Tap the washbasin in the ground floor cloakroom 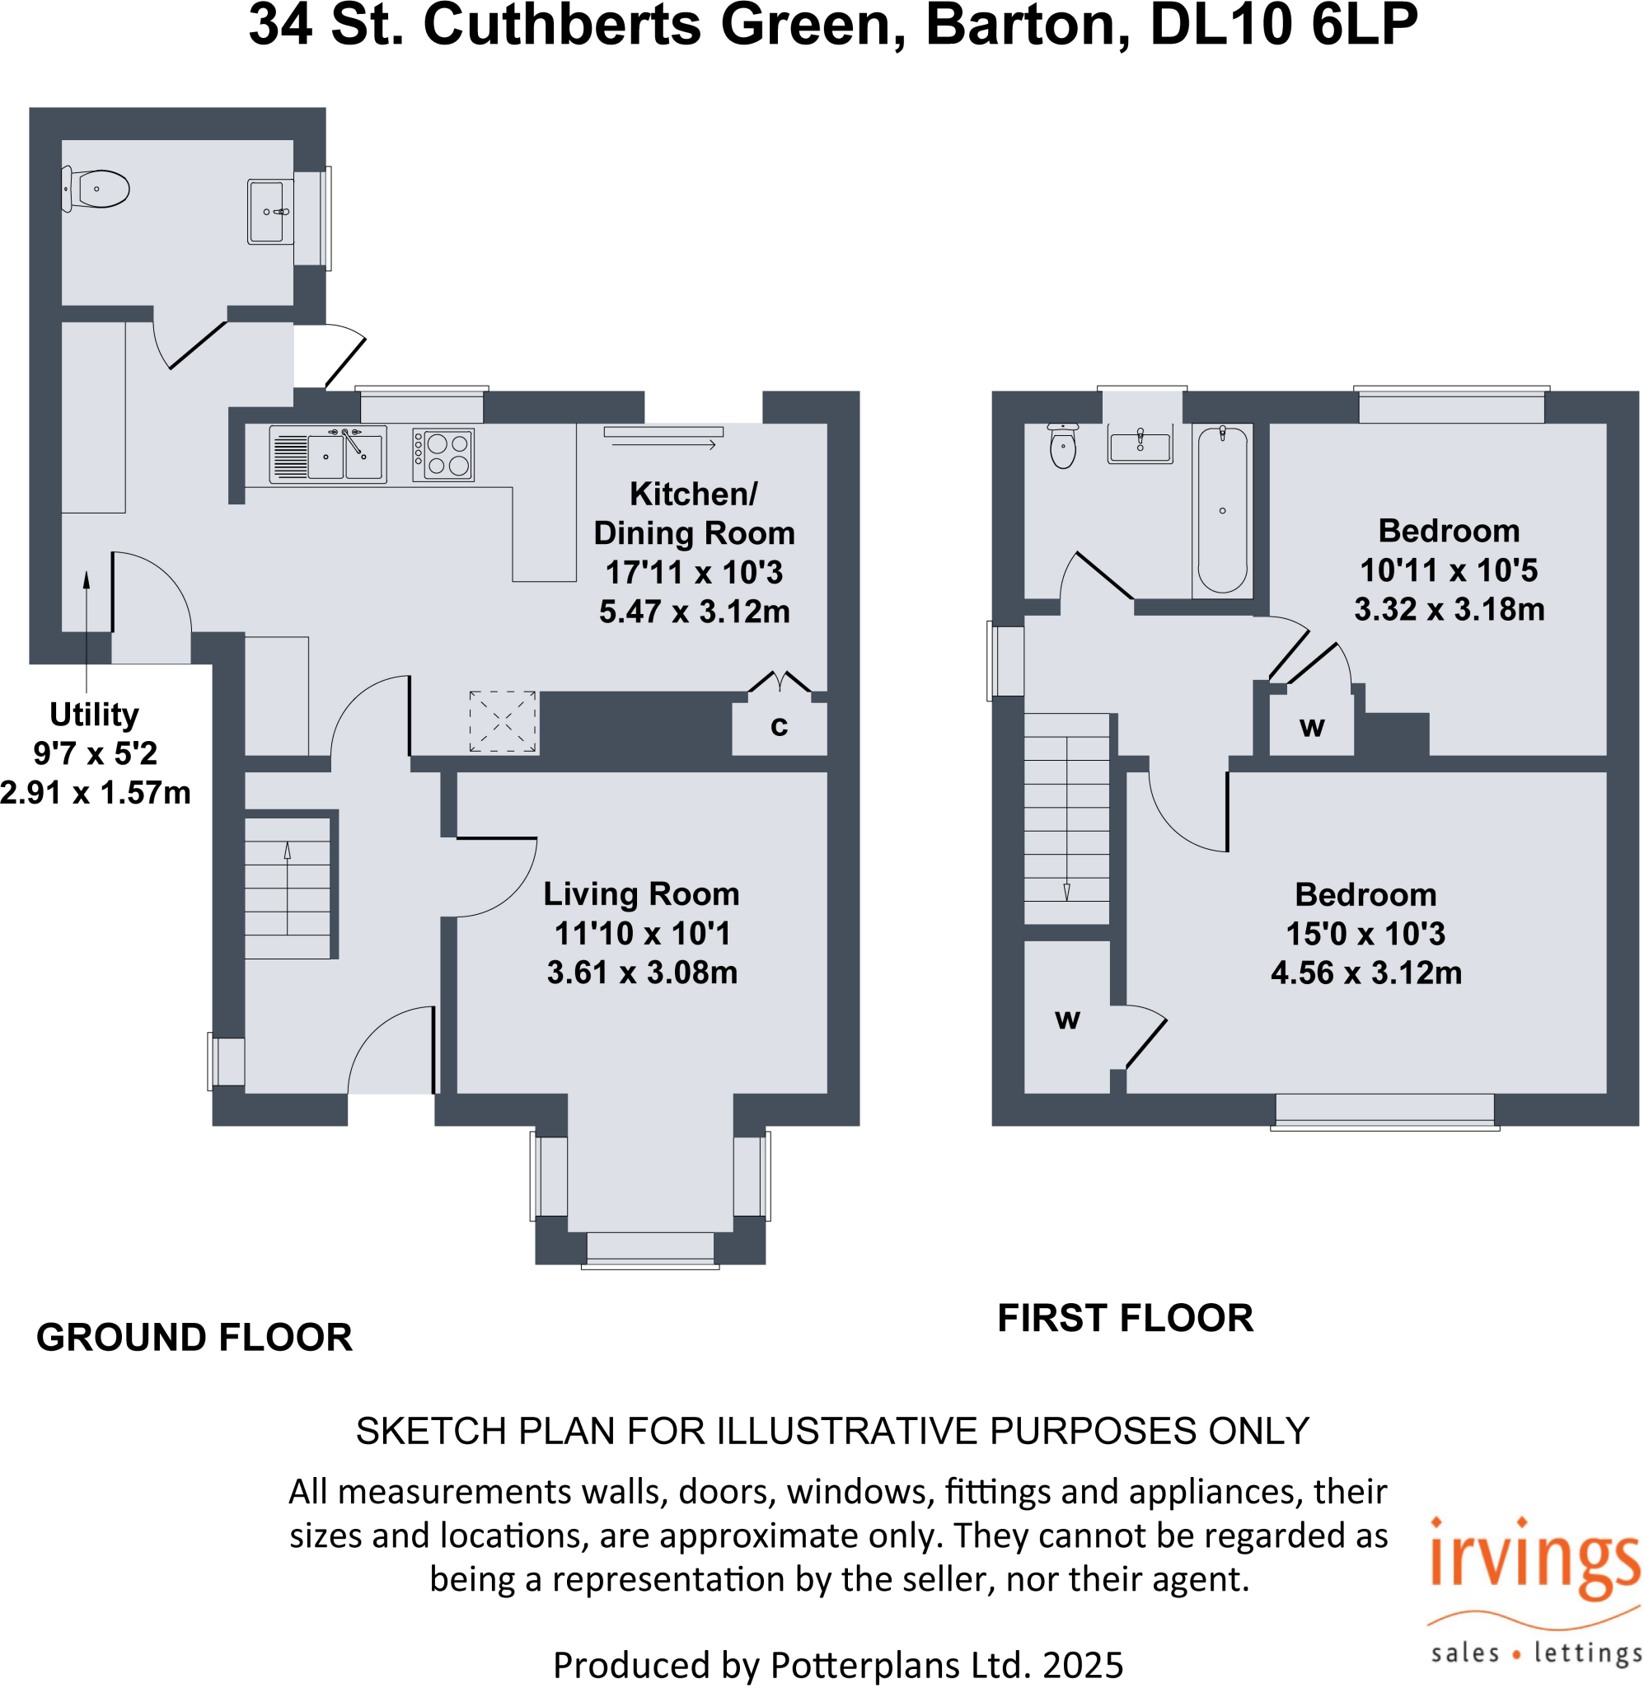pos(269,212)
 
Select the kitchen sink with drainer pos(327,454)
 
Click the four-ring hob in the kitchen pos(443,454)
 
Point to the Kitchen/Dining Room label pos(693,513)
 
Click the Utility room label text pos(94,714)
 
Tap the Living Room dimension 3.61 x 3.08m pos(642,973)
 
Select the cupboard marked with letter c pos(779,726)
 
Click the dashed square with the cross pos(503,721)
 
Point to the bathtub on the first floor pos(1222,511)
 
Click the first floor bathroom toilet pos(1063,446)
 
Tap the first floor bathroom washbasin pos(1140,446)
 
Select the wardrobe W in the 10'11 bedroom pos(1311,727)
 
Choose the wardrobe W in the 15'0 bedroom pos(1067,1019)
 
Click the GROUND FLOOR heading pos(194,1337)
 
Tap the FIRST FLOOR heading pos(1124,1318)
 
